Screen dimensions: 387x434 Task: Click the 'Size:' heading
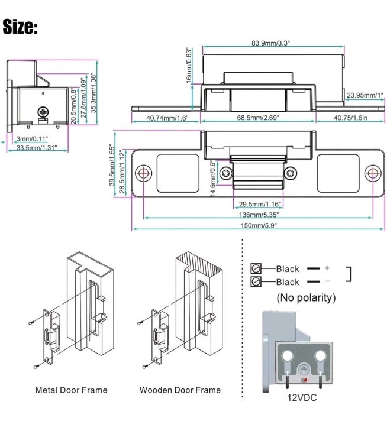pos(20,27)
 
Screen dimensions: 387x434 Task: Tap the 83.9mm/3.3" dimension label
pos(270,43)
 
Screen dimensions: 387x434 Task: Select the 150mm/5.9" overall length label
pos(259,226)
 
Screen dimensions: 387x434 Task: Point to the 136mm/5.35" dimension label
pos(259,215)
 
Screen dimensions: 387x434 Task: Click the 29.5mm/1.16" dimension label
pos(260,205)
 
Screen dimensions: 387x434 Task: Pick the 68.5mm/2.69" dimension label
pos(258,118)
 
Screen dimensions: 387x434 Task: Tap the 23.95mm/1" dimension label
pos(365,95)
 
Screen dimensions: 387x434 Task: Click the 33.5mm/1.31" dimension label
pos(37,148)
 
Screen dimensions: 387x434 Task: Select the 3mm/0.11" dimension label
pos(33,138)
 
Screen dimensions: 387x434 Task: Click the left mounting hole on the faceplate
pos(143,173)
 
